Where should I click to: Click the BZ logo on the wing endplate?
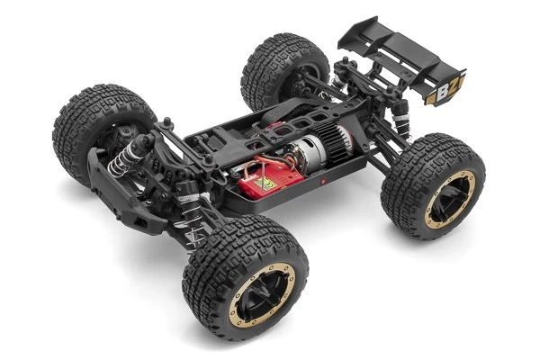(x=445, y=91)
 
